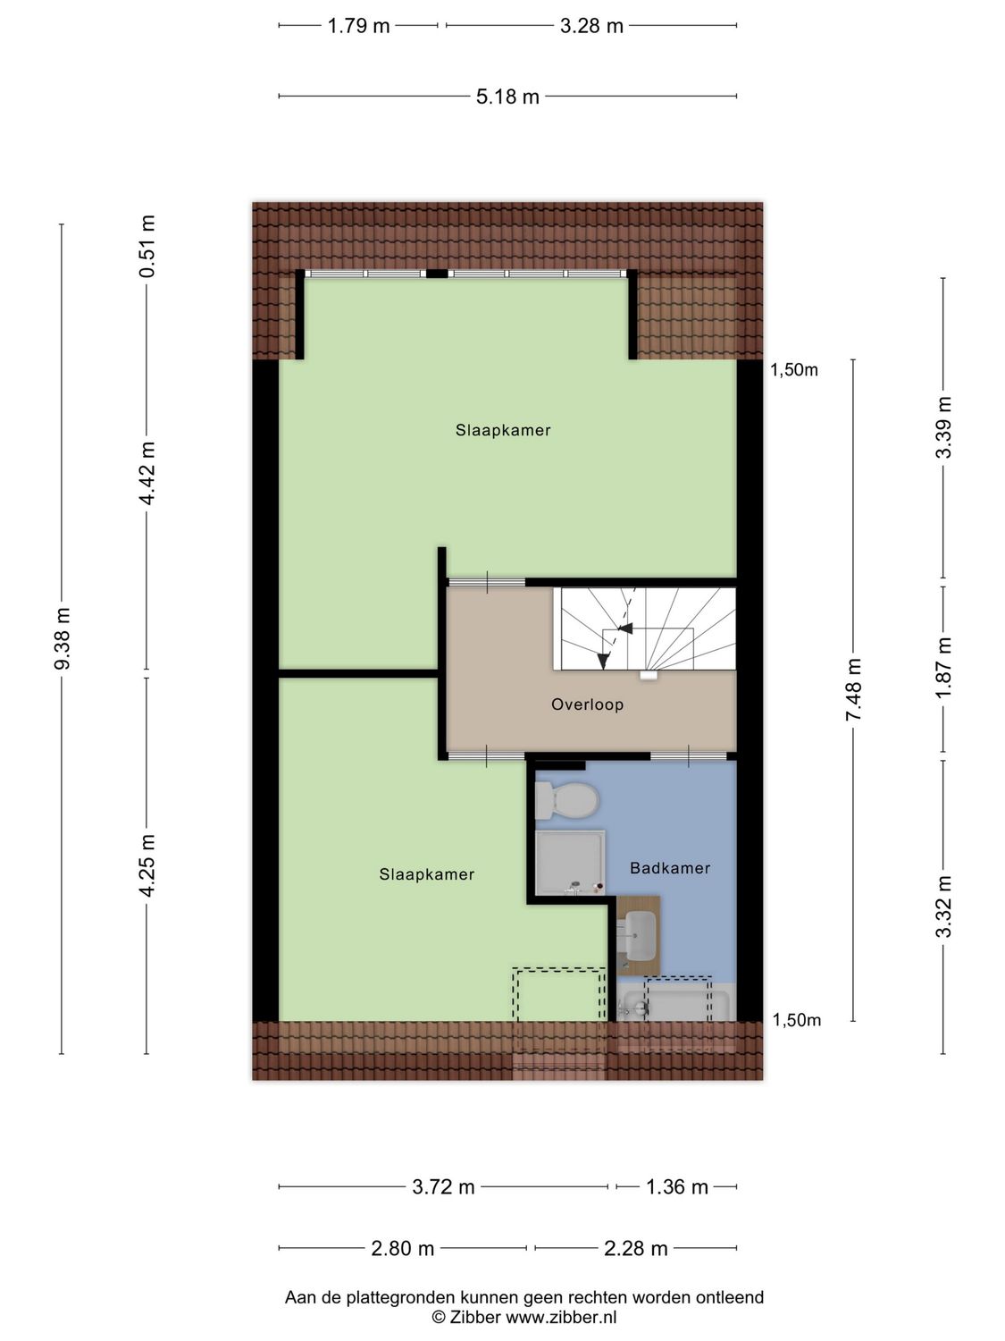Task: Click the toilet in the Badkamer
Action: click(x=565, y=799)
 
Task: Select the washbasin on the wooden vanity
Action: click(x=640, y=935)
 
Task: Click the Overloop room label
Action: click(x=587, y=704)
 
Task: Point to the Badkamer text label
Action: click(x=670, y=868)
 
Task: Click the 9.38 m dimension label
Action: click(x=62, y=637)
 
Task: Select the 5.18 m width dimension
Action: click(x=507, y=97)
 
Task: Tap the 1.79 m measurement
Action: click(x=358, y=26)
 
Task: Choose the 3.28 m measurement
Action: click(x=591, y=26)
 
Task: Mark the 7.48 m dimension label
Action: click(x=854, y=690)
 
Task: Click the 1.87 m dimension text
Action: click(x=943, y=668)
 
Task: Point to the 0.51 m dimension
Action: click(x=147, y=246)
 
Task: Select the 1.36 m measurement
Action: click(x=676, y=1187)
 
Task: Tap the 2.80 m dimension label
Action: click(x=402, y=1248)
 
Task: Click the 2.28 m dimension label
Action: click(x=635, y=1248)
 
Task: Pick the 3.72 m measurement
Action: click(x=443, y=1187)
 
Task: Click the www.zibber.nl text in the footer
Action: click(x=561, y=1317)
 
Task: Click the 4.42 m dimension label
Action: click(x=147, y=473)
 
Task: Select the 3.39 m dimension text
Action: click(x=943, y=427)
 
